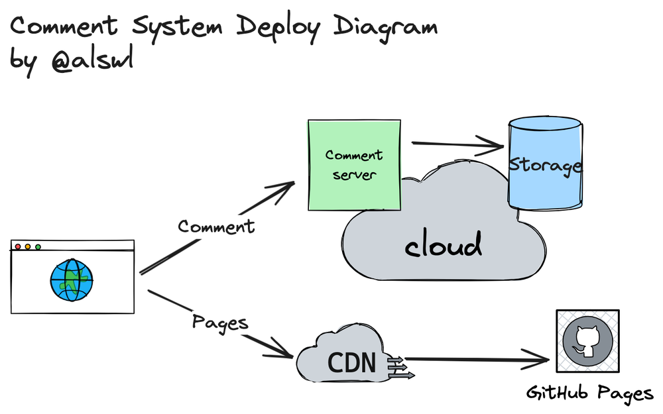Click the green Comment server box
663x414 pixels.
(354, 165)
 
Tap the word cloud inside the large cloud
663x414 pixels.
(443, 246)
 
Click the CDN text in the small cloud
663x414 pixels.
(351, 363)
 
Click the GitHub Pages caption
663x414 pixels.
(589, 393)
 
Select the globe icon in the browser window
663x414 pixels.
(72, 279)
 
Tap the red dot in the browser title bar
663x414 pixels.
(18, 247)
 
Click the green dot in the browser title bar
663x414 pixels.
(38, 247)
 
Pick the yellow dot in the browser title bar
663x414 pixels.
(28, 247)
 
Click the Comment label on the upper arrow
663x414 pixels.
(216, 227)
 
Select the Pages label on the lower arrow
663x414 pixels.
(220, 323)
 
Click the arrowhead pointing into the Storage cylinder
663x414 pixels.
(494, 144)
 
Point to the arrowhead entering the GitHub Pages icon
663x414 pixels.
(540, 360)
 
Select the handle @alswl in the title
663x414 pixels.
(92, 60)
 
